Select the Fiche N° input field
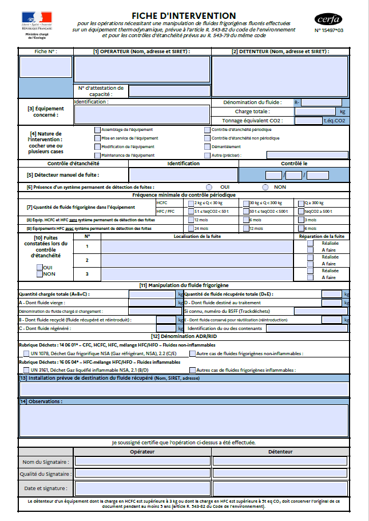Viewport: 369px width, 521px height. [38, 67]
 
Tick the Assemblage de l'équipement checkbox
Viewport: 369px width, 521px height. [97, 130]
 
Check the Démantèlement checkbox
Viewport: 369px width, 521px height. [207, 146]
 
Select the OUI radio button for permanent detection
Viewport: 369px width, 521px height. [209, 187]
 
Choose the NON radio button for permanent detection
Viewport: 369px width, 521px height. [265, 187]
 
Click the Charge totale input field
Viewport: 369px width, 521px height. [315, 112]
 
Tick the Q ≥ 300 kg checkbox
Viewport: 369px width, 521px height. [300, 203]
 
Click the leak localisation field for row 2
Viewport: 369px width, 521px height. [196, 260]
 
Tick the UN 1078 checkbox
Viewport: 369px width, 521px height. [26, 354]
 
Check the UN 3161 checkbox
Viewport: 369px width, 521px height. [26, 370]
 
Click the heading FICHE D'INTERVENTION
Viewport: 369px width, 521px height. [184, 15]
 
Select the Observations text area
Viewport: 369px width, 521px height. [184, 420]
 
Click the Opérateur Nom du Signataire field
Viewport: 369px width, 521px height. [142, 461]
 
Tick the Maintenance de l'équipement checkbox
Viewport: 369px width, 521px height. [97, 155]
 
